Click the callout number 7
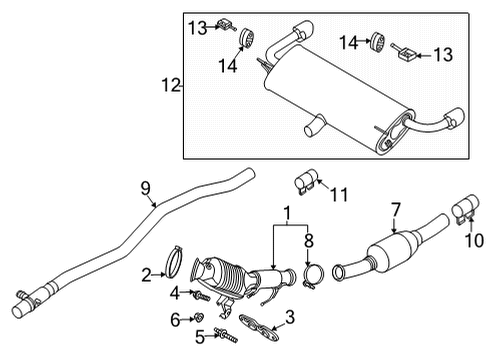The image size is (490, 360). coord(396,209)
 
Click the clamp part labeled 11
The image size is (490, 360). coord(303,183)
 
